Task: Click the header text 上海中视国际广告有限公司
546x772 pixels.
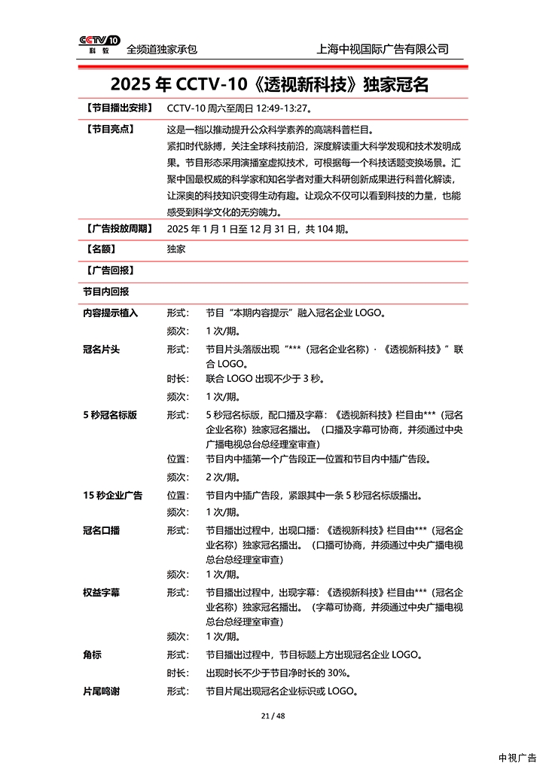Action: click(x=384, y=49)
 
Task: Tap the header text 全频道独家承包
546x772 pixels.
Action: click(x=162, y=49)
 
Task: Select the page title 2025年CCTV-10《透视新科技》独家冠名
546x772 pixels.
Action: click(x=270, y=84)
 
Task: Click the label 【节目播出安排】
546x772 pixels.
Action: click(x=118, y=108)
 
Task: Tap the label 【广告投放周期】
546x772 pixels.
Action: click(x=118, y=228)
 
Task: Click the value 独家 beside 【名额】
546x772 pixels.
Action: click(x=176, y=249)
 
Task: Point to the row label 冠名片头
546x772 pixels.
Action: click(x=101, y=350)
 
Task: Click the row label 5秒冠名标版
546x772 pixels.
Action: click(x=110, y=415)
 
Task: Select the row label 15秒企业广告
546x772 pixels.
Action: click(x=112, y=496)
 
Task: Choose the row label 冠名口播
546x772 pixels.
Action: click(x=101, y=530)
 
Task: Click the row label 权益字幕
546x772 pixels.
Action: click(x=101, y=593)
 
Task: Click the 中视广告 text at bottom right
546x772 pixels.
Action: click(x=517, y=758)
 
